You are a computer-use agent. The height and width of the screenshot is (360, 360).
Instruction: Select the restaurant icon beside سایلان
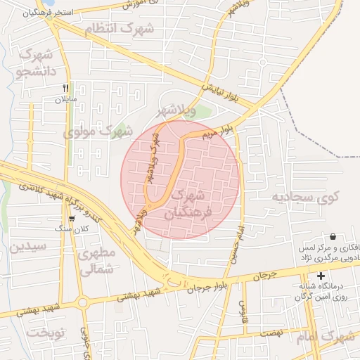[65, 88]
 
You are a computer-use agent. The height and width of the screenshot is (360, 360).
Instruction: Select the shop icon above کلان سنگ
[71, 218]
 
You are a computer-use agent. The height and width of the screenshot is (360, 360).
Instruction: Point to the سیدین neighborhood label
[28, 247]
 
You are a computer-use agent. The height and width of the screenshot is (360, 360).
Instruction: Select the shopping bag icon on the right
[332, 237]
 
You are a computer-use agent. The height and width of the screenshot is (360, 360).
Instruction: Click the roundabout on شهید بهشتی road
[82, 303]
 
